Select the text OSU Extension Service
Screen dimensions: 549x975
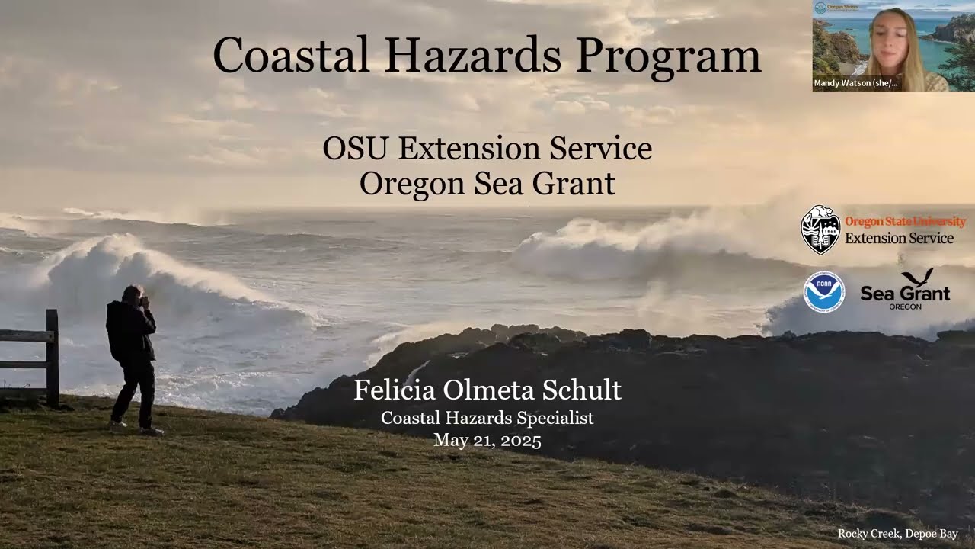pyautogui.click(x=487, y=149)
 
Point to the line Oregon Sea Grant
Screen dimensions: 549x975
pyautogui.click(x=487, y=184)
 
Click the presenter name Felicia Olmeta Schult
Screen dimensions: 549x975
pyautogui.click(x=487, y=390)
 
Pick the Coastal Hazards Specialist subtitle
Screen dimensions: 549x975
pyautogui.click(x=487, y=418)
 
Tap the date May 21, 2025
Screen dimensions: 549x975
pyautogui.click(x=487, y=440)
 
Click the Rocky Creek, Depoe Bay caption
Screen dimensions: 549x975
pyautogui.click(x=897, y=534)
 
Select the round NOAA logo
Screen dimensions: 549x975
pyautogui.click(x=823, y=292)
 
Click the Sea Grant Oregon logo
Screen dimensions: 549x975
pyautogui.click(x=905, y=291)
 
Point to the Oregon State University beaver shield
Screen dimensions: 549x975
pyautogui.click(x=820, y=230)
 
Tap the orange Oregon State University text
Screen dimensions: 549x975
pyautogui.click(x=905, y=221)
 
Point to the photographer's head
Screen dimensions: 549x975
pyautogui.click(x=134, y=294)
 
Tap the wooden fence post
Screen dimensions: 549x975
pyautogui.click(x=52, y=357)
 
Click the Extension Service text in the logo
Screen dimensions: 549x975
pyautogui.click(x=899, y=239)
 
